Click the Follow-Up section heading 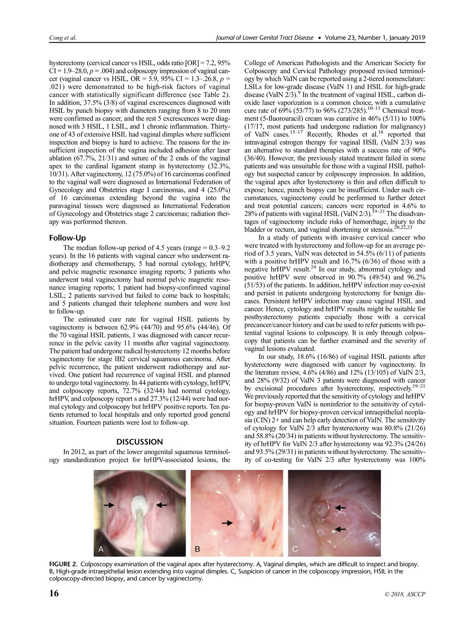coord(67,238)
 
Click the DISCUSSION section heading coord(140,442)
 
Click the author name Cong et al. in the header coord(62,38)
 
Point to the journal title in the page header coord(265,38)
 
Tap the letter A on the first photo coord(101,548)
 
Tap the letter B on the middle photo coord(198,548)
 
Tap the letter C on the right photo coord(296,548)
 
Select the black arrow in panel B coord(227,522)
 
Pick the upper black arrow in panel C coord(340,508)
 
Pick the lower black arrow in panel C coord(340,528)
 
